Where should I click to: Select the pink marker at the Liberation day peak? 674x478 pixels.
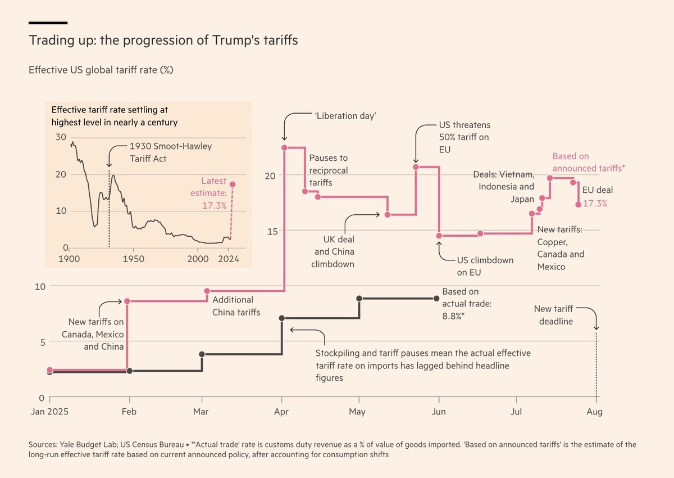pos(284,147)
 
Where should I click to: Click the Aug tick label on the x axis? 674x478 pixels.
pos(595,412)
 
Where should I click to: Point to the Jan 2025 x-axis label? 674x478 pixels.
pos(49,412)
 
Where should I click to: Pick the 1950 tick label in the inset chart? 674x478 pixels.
pos(133,259)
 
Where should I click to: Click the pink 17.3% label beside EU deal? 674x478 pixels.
pos(595,204)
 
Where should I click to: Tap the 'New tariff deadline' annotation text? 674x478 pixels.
pos(554,315)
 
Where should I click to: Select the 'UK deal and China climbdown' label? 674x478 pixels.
pos(334,251)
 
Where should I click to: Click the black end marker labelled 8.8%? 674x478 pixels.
pos(437,298)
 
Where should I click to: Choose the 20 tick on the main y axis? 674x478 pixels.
pos(271,175)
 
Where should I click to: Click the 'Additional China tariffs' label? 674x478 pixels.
pos(236,306)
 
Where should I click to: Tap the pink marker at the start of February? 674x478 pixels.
pos(127,301)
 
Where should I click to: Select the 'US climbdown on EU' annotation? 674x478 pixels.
pos(485,267)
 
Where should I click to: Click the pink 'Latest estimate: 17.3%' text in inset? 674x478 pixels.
pos(214,193)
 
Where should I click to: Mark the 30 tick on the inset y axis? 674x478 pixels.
pos(61,138)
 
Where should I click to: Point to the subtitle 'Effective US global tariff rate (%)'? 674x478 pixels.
pos(103,70)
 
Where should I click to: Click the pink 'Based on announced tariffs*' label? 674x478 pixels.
pos(589,162)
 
